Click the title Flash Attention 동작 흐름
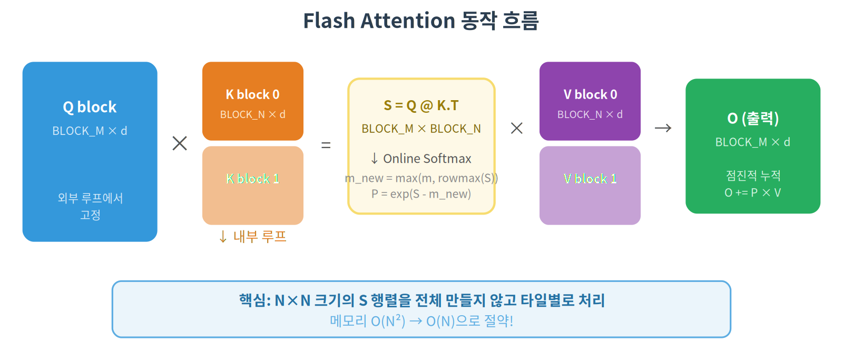pos(420,21)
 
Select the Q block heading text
pos(90,107)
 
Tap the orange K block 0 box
pos(252,101)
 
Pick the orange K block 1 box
pos(252,185)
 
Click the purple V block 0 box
pos(590,101)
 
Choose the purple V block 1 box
pos(590,185)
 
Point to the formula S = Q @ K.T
pos(421,105)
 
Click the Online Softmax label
pos(421,159)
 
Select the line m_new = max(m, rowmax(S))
pos(421,178)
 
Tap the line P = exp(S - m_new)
pos(421,194)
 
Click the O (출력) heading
pos(752,118)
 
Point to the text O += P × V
pos(752,192)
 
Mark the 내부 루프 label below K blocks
pos(253,237)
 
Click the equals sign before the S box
pos(326,145)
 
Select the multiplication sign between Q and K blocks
pos(180,143)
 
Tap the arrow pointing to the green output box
pos(663,128)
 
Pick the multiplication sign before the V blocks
pos(517,128)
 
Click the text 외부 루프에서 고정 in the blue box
pos(90,206)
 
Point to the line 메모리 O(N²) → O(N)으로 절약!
pos(421,320)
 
